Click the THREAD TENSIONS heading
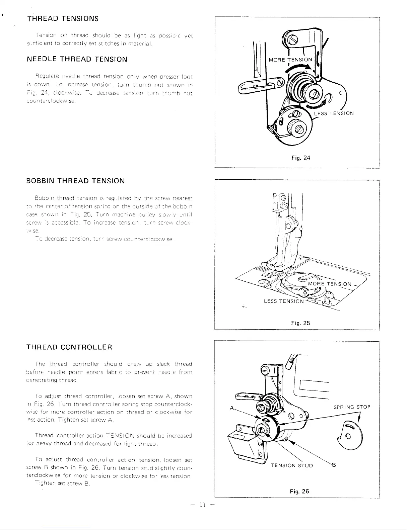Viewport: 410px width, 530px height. coord(63,18)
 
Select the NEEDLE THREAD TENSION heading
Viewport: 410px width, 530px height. coord(77,60)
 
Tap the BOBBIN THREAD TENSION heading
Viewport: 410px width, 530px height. coord(75,181)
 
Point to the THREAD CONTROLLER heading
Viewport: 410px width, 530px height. coord(69,347)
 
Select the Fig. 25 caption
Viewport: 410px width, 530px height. coord(300,323)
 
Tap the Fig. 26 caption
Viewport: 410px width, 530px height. coord(299,492)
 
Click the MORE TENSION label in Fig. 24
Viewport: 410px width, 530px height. coord(290,60)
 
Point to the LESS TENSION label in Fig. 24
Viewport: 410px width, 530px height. coord(334,113)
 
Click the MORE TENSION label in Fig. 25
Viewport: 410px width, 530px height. coord(330,284)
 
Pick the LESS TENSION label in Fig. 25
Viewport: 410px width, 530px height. coord(284,301)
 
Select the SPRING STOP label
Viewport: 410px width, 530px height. coord(352,407)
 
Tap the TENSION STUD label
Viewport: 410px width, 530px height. coord(292,465)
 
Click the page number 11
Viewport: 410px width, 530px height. coord(202,505)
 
